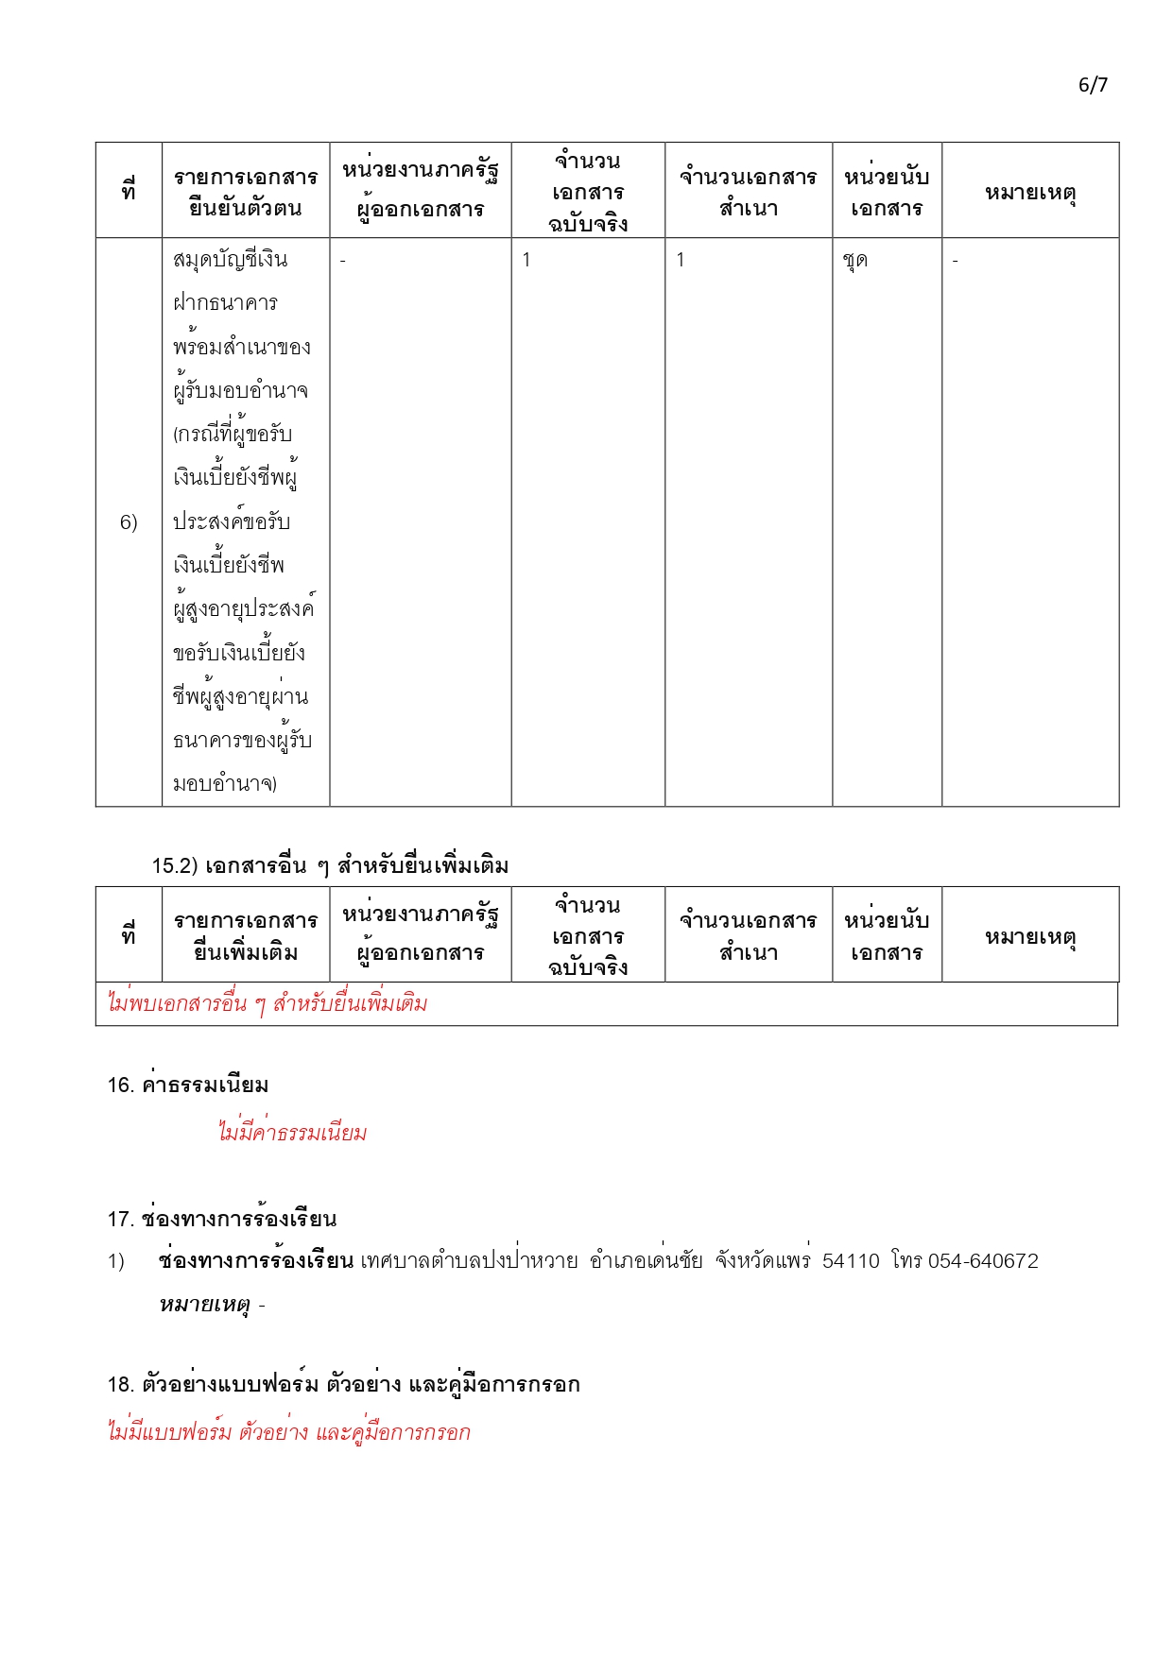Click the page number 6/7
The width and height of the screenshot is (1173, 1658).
pyautogui.click(x=1093, y=85)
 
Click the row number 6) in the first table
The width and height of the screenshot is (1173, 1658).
pyautogui.click(x=129, y=522)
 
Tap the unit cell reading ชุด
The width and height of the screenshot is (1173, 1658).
pyautogui.click(x=855, y=261)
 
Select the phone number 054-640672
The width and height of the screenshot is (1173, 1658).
pyautogui.click(x=983, y=1261)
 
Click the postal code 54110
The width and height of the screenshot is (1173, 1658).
pyautogui.click(x=851, y=1261)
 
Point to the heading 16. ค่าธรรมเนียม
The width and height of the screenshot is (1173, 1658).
pyautogui.click(x=188, y=1085)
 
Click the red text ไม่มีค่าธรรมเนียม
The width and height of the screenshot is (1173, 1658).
pyautogui.click(x=292, y=1132)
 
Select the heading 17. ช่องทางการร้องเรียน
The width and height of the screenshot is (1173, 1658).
pyautogui.click(x=222, y=1219)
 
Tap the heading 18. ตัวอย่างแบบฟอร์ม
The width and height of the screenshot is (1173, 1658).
pyautogui.click(x=343, y=1385)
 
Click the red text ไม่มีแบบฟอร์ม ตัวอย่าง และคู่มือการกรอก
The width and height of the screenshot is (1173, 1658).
pyautogui.click(x=288, y=1432)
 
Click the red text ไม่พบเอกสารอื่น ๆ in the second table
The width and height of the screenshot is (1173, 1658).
pyautogui.click(x=267, y=1003)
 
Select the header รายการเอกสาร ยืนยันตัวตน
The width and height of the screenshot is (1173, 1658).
pyautogui.click(x=246, y=192)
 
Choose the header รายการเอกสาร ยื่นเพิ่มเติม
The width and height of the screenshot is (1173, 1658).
pyautogui.click(x=246, y=936)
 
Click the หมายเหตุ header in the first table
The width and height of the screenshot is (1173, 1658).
pyautogui.click(x=1030, y=193)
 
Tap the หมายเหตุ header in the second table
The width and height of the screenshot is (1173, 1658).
pyautogui.click(x=1030, y=937)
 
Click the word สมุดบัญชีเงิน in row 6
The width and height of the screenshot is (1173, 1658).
pyautogui.click(x=231, y=260)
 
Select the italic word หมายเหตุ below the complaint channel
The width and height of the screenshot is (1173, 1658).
pyautogui.click(x=204, y=1306)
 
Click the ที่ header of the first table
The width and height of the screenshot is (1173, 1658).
pyautogui.click(x=129, y=192)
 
